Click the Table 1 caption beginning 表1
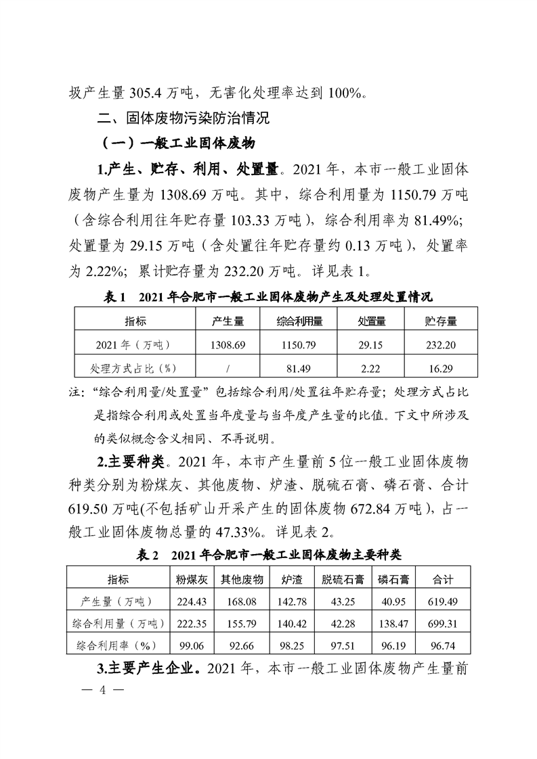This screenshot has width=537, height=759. tap(268, 296)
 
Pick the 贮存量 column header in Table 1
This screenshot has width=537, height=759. tap(440, 321)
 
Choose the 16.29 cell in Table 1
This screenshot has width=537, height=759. tap(440, 368)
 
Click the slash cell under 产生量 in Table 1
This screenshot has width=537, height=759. tap(228, 368)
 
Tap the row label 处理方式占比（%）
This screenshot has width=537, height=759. tap(134, 368)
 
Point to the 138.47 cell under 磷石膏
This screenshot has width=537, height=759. tap(393, 622)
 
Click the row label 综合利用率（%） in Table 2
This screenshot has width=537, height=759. tap(116, 643)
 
